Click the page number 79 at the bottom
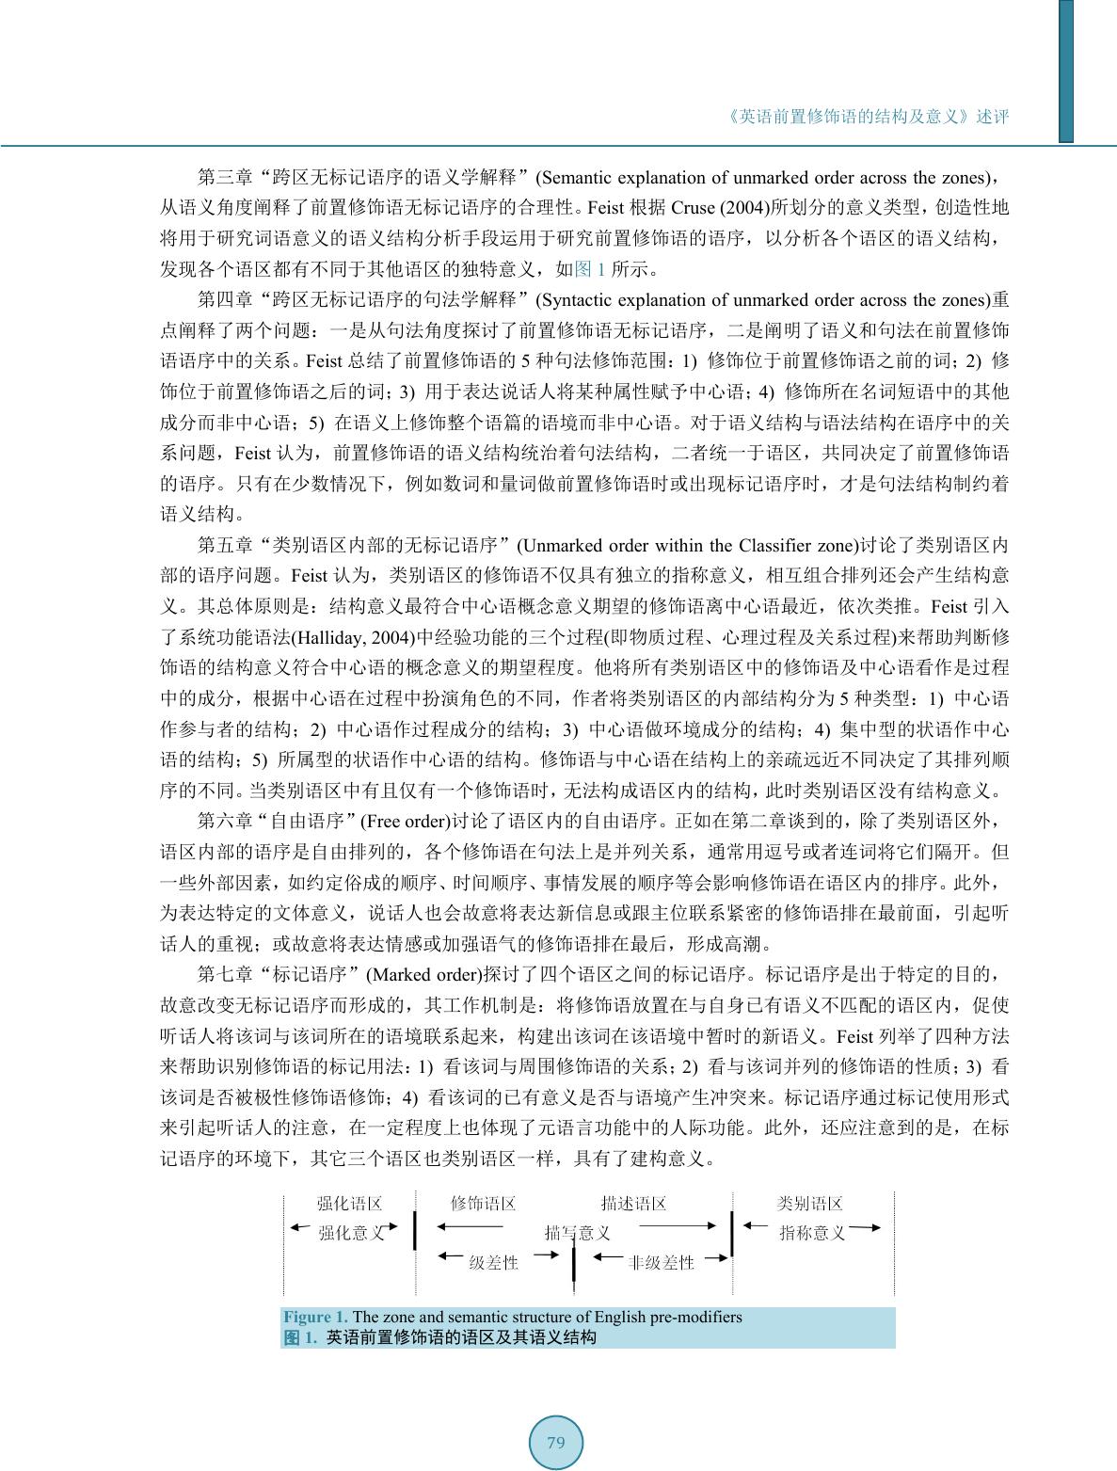pyautogui.click(x=555, y=1443)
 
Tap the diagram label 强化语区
pyautogui.click(x=349, y=1204)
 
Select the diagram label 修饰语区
pyautogui.click(x=484, y=1204)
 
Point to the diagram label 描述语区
pyautogui.click(x=633, y=1204)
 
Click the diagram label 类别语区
pyautogui.click(x=810, y=1204)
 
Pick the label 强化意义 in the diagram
pyautogui.click(x=351, y=1233)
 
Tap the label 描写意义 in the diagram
pyautogui.click(x=578, y=1233)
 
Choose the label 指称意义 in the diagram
pyautogui.click(x=812, y=1233)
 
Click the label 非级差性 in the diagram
pyautogui.click(x=661, y=1263)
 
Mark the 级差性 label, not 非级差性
pyautogui.click(x=493, y=1263)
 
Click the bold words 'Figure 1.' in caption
pyautogui.click(x=316, y=1318)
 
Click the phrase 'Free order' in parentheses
pyautogui.click(x=405, y=821)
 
